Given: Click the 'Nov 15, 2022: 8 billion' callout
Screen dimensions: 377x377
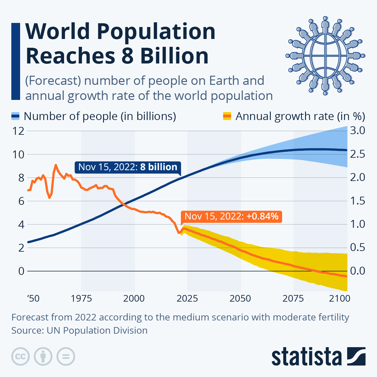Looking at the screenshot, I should pyautogui.click(x=128, y=167).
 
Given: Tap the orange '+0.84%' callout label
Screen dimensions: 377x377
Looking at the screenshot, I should pyautogui.click(x=231, y=216).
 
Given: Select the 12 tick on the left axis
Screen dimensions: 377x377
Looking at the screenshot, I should pyautogui.click(x=18, y=131).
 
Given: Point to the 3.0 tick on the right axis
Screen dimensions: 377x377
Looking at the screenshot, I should pyautogui.click(x=358, y=131).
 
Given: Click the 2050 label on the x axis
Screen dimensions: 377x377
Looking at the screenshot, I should pyautogui.click(x=240, y=298).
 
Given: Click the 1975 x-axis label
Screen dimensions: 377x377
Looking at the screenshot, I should pyautogui.click(x=81, y=298).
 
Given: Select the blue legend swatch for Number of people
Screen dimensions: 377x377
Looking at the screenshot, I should pyautogui.click(x=16, y=116).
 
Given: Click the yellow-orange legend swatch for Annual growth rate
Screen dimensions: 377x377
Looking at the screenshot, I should pyautogui.click(x=227, y=116).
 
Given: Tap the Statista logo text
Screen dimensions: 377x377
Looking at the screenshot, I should pyautogui.click(x=307, y=357).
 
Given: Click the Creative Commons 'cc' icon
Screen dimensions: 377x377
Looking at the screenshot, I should pyautogui.click(x=20, y=357).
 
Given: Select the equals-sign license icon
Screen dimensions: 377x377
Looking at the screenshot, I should pyautogui.click(x=66, y=357).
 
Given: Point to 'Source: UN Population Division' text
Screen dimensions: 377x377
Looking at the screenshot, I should pyautogui.click(x=79, y=331).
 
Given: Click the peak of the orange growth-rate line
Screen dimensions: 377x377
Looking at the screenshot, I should pyautogui.click(x=56, y=165).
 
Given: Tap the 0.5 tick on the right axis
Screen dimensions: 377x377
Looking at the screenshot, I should pyautogui.click(x=358, y=248).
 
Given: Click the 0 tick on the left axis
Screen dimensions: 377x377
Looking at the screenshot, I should pyautogui.click(x=21, y=271).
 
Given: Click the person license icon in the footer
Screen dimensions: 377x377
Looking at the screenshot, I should pyautogui.click(x=43, y=357).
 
